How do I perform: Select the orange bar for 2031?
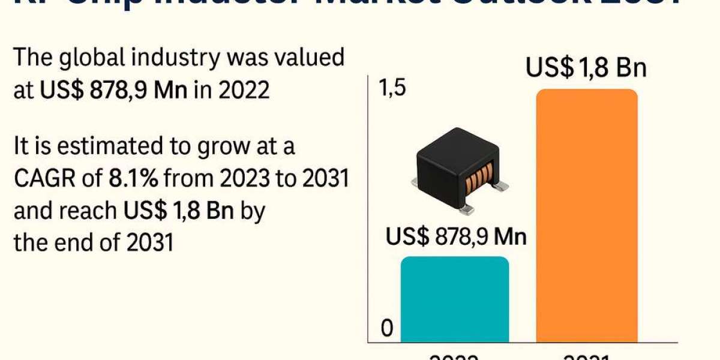point(586,216)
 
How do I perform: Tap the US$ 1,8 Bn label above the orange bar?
point(586,68)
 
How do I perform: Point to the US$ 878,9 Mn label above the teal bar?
point(456,236)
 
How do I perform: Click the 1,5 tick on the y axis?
point(392,89)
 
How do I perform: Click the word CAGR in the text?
point(43,179)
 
